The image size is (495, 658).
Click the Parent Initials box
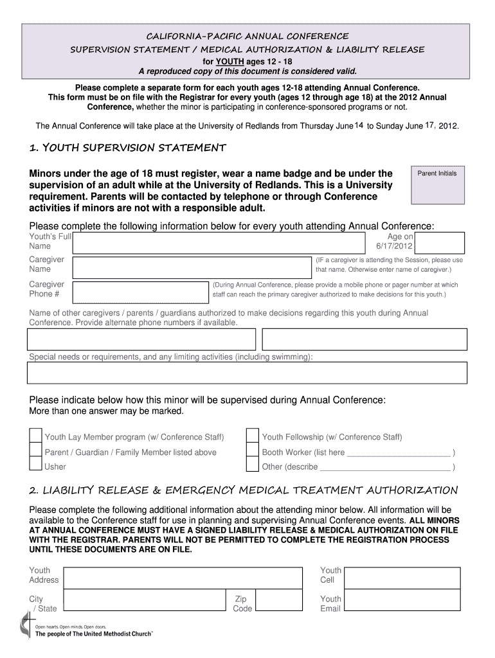[x=437, y=193]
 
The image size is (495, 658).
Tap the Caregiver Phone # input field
[x=141, y=291]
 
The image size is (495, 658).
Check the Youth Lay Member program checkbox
[x=36, y=437]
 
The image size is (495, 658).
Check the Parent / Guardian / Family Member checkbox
[x=36, y=452]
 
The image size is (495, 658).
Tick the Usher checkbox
[x=36, y=467]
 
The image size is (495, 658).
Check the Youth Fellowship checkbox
[x=253, y=437]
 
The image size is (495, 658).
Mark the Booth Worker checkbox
[x=253, y=452]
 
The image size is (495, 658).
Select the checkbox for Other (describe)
[x=253, y=467]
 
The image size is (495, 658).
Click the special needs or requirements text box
[x=247, y=372]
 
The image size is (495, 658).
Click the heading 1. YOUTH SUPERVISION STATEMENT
[x=127, y=148]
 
